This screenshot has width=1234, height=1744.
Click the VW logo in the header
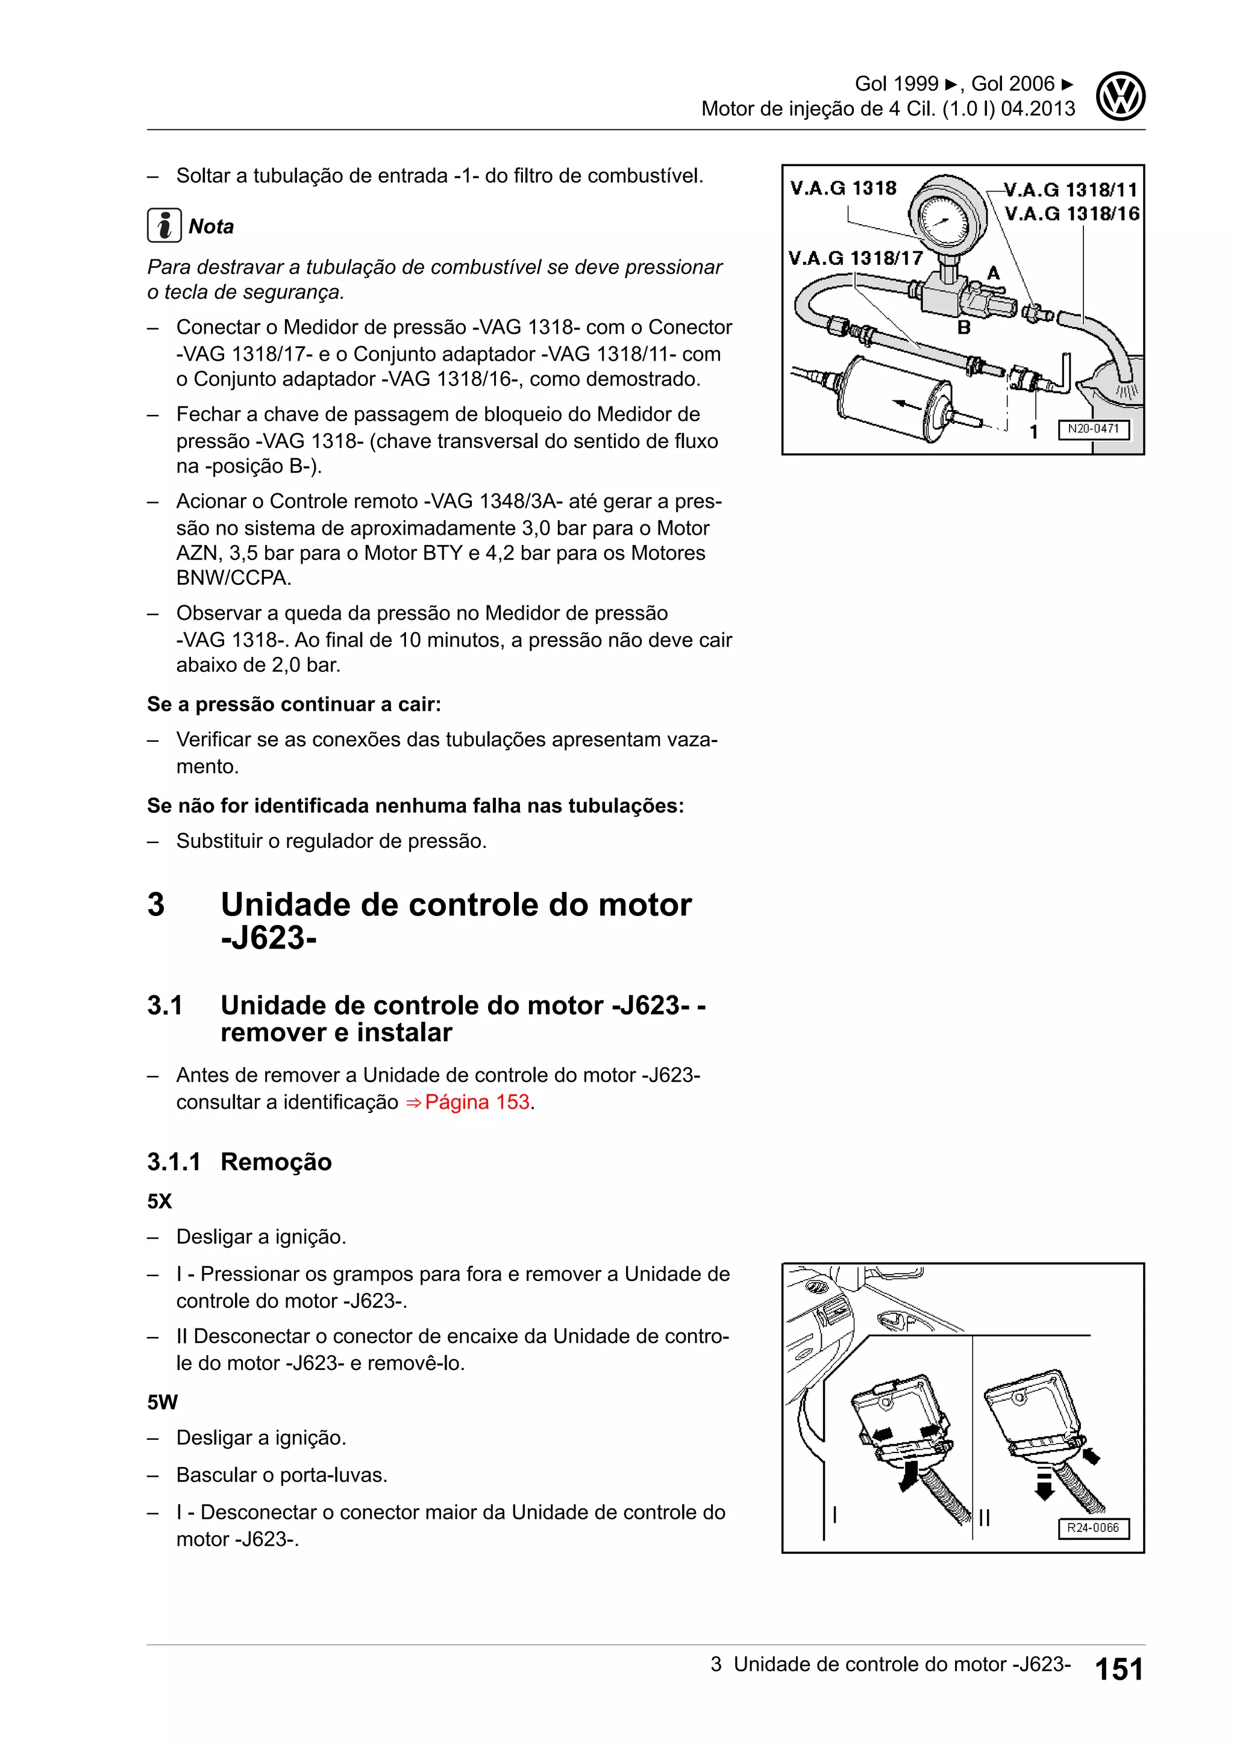[1120, 96]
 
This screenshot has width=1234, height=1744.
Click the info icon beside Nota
[164, 226]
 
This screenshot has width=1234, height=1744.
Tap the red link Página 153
[477, 1102]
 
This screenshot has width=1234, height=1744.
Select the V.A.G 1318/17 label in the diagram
[855, 258]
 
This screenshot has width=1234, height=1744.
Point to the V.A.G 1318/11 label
[1071, 189]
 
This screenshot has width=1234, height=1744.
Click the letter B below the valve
[963, 328]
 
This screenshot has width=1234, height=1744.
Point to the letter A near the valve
[992, 273]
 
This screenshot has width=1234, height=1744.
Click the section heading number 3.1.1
[174, 1162]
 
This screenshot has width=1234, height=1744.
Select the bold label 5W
[162, 1402]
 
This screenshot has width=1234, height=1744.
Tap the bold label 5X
[160, 1201]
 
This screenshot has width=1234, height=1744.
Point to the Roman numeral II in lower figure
[984, 1518]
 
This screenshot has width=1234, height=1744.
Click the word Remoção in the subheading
[276, 1162]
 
